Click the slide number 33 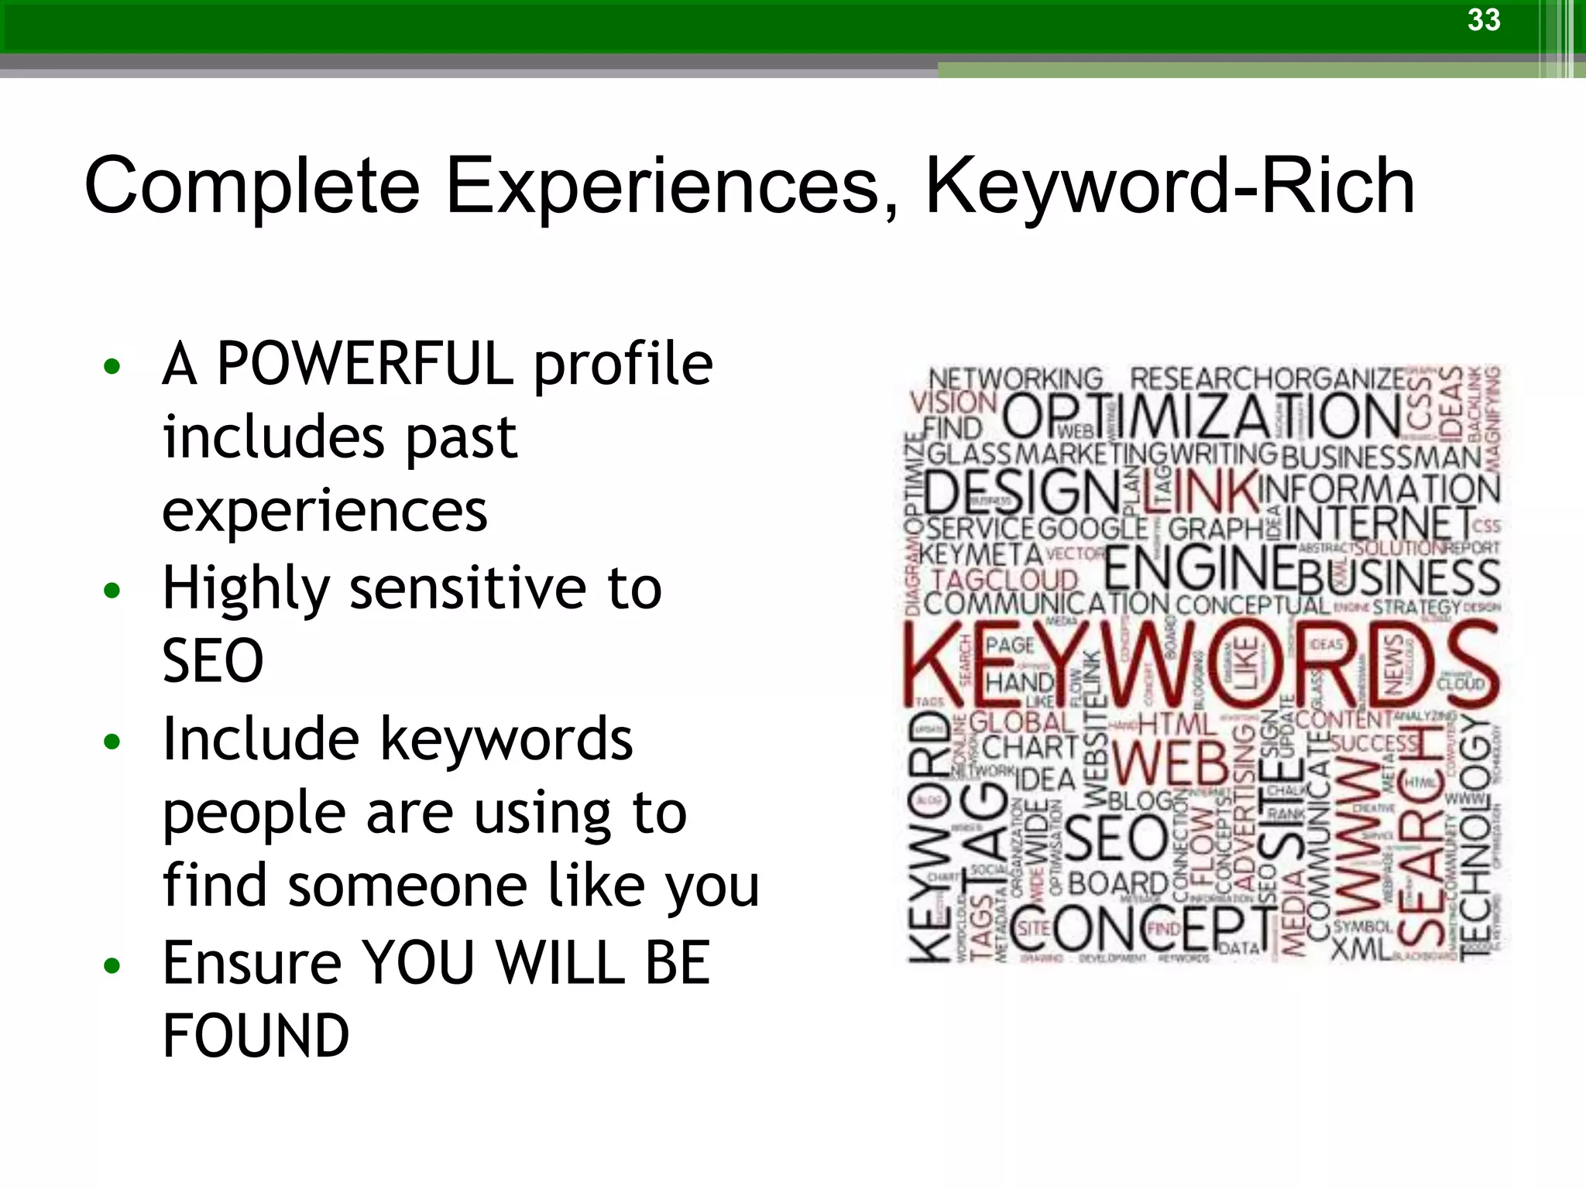click(1483, 20)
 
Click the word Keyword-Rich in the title click(1170, 187)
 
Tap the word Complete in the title click(252, 187)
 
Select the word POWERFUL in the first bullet click(365, 364)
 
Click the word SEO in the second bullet click(213, 661)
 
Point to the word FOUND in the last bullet click(256, 1036)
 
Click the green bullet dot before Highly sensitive click(112, 591)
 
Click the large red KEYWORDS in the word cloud click(1200, 666)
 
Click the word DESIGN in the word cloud click(1021, 492)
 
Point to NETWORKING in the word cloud click(1015, 379)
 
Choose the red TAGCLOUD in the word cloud click(1005, 580)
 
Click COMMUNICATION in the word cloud click(1045, 605)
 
